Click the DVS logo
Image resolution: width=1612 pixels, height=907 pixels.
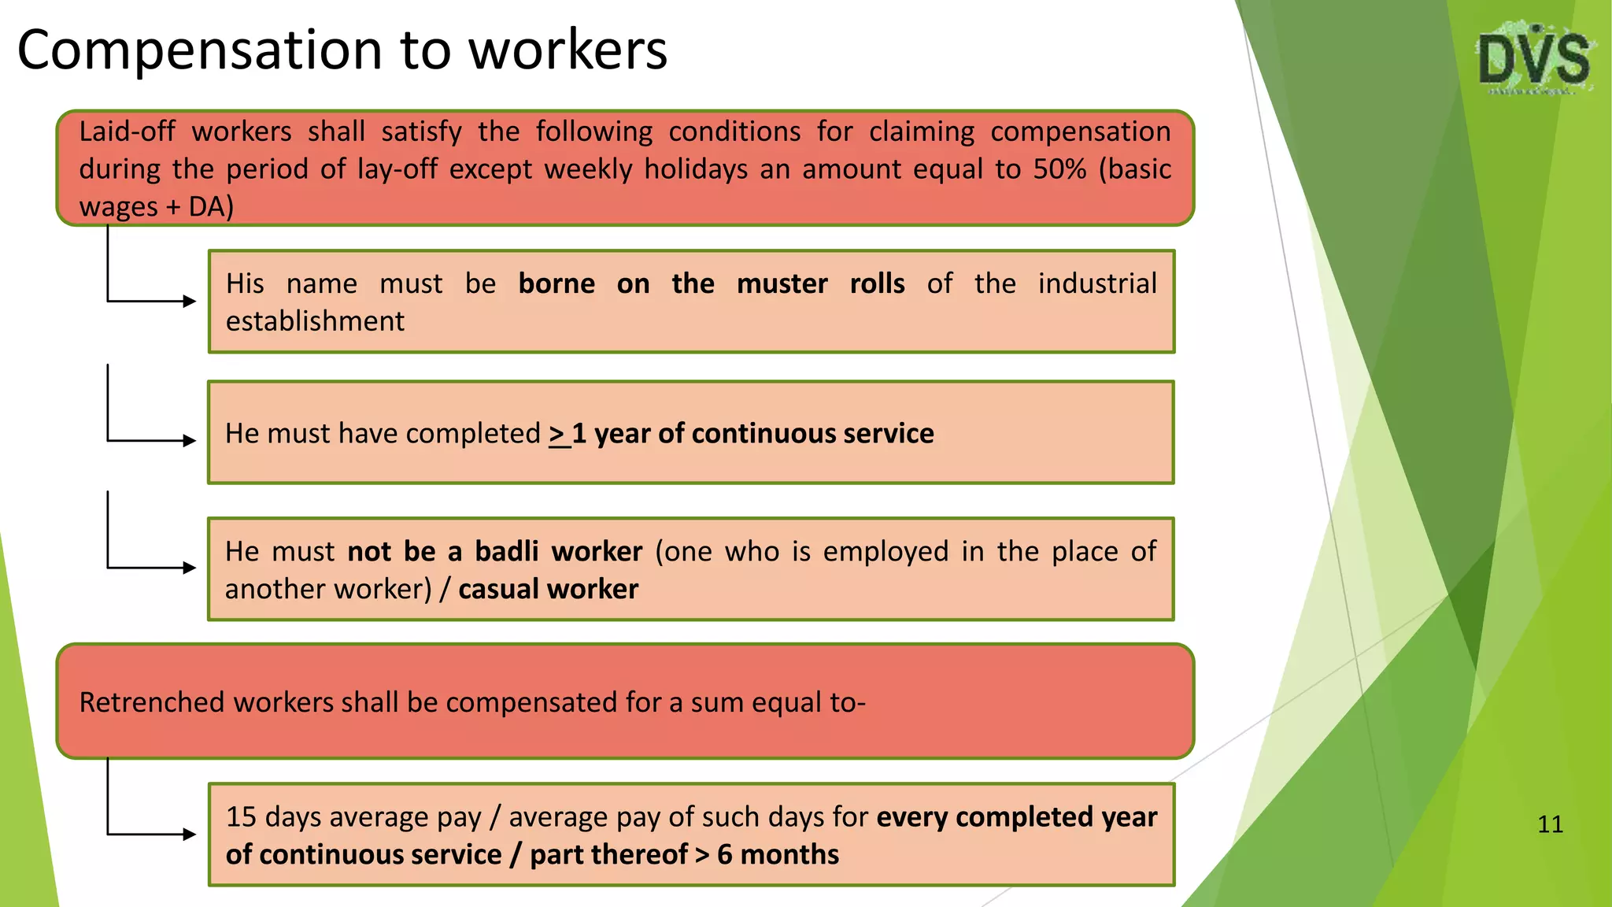tap(1533, 60)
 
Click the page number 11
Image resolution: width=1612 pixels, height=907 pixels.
tap(1550, 824)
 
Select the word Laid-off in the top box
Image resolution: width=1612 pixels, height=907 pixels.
tap(127, 131)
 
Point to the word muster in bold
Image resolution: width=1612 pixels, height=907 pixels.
tap(782, 283)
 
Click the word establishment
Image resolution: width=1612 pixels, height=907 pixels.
tap(315, 321)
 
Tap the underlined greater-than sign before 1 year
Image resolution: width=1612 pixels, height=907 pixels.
tap(558, 434)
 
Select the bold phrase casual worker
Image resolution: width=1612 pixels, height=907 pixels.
tap(548, 589)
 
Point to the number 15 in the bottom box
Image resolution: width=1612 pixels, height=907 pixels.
tap(241, 817)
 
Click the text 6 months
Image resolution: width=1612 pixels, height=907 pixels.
tap(778, 854)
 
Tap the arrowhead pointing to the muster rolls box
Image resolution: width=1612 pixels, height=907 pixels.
tap(189, 301)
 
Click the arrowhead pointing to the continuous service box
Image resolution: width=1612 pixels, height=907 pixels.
tap(189, 441)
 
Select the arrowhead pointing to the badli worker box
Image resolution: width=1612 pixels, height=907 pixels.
tap(189, 568)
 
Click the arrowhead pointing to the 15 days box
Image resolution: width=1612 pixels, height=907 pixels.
tap(189, 834)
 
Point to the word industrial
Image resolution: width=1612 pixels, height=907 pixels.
tap(1096, 283)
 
